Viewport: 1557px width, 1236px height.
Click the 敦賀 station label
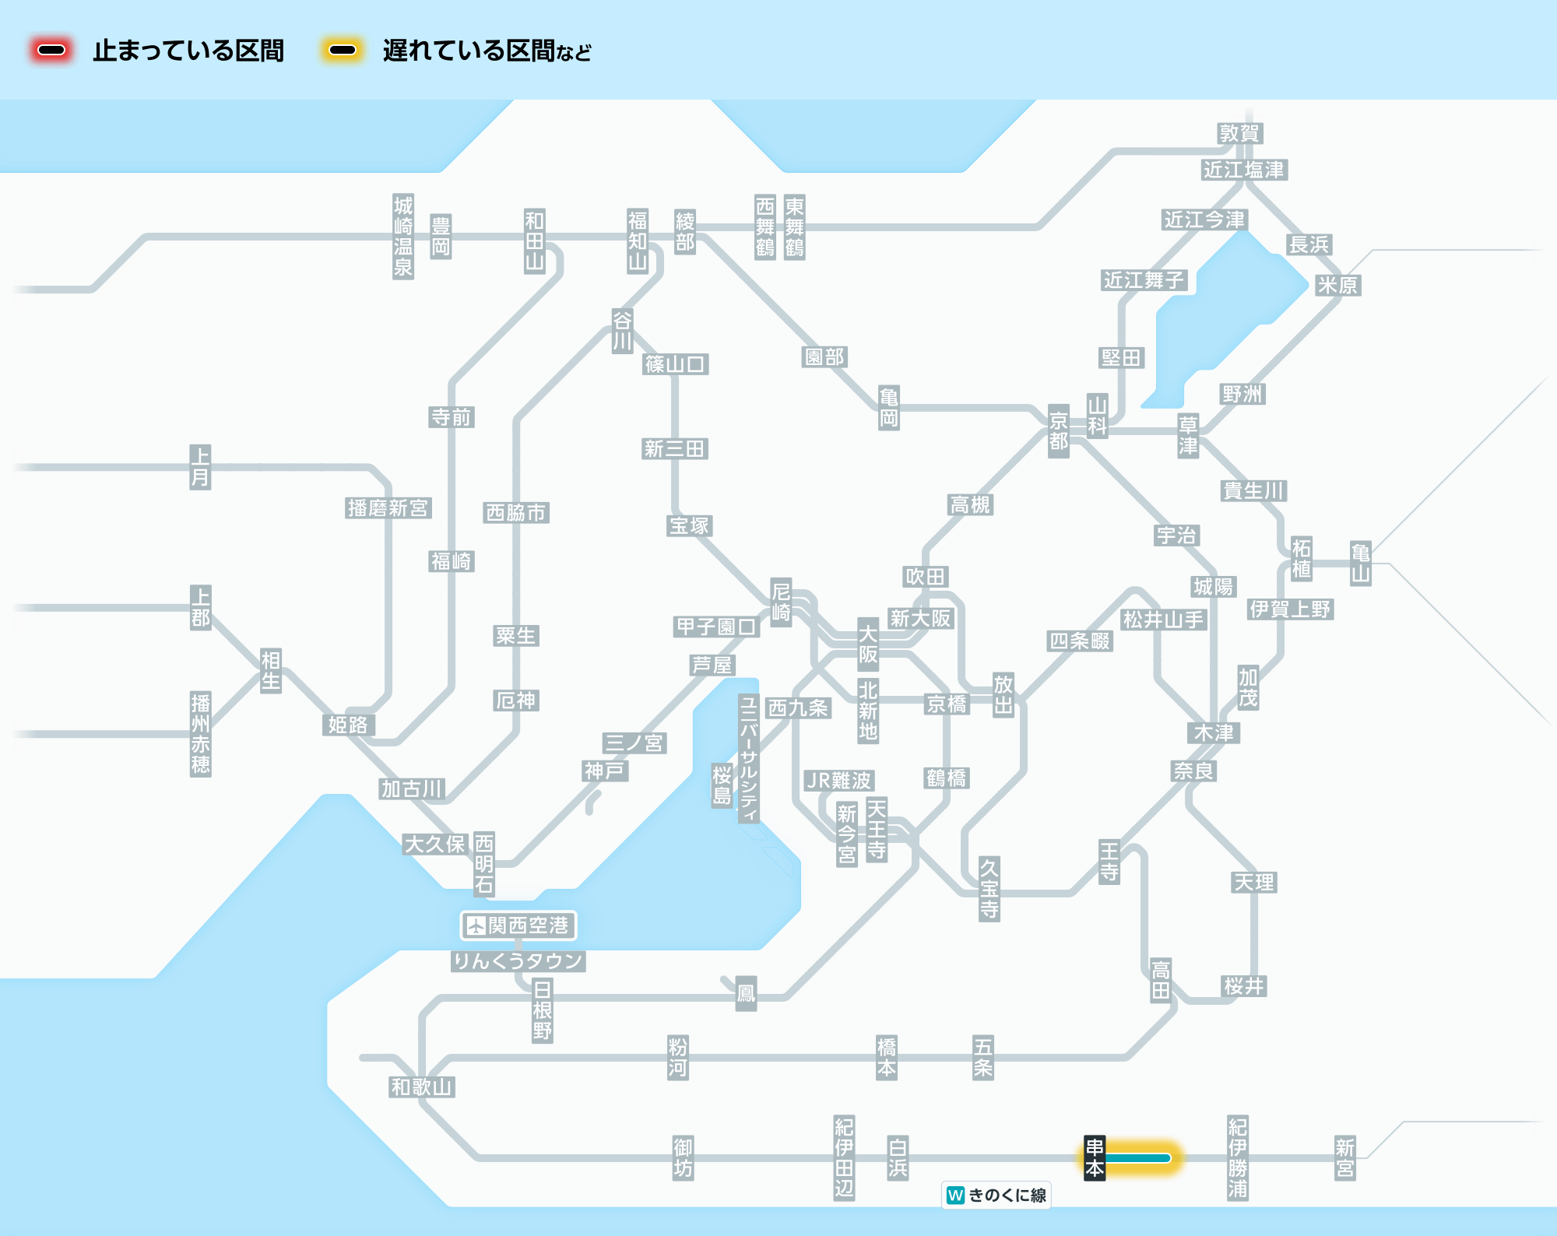[x=1239, y=134]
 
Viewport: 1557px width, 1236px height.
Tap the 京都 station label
[x=1058, y=431]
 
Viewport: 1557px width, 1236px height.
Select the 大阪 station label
[x=867, y=644]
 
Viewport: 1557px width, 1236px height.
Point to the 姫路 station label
[x=348, y=725]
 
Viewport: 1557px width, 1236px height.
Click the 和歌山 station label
[x=421, y=1087]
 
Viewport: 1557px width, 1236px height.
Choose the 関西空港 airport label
[x=518, y=925]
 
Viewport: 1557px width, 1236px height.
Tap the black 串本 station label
[x=1095, y=1157]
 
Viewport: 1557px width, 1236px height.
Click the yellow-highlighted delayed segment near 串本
[x=1139, y=1158]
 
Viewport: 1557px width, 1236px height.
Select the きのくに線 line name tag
[x=996, y=1195]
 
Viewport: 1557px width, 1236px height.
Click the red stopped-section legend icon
[x=51, y=51]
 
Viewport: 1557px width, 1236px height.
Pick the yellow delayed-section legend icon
[x=342, y=51]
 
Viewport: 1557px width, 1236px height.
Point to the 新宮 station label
[x=1344, y=1157]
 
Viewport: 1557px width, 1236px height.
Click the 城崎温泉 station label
[x=402, y=237]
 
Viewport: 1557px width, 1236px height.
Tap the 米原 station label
[x=1337, y=286]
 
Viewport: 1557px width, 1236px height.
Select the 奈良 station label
[x=1193, y=771]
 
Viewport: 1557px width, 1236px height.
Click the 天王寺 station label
[x=877, y=829]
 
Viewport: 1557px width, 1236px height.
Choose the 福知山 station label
[x=638, y=241]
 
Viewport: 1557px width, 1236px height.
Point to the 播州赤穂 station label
[x=200, y=733]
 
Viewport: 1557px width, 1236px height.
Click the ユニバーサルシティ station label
[x=748, y=759]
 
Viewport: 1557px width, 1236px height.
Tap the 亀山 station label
[x=1360, y=563]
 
